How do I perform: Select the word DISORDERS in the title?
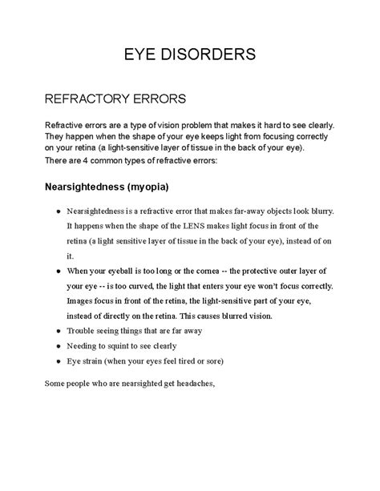pos(211,54)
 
